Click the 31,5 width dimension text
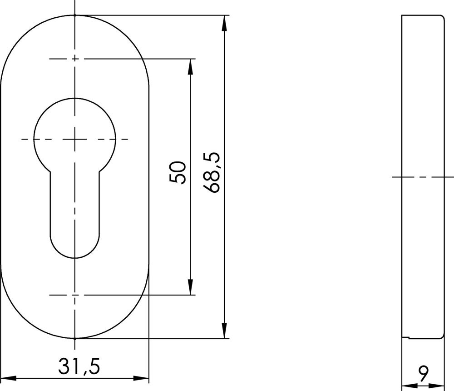click(79, 366)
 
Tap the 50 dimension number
click(178, 172)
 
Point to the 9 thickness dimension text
click(423, 374)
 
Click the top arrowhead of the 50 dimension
click(190, 67)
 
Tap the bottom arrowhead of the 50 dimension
click(190, 287)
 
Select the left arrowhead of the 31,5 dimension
click(8, 378)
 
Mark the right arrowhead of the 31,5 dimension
click(141, 378)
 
